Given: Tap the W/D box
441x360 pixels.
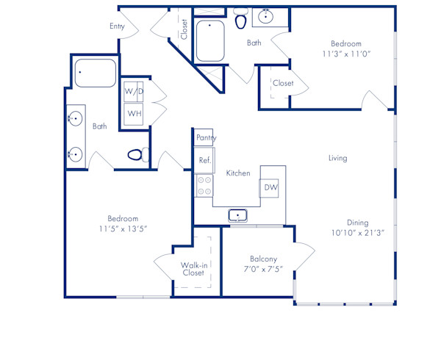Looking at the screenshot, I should point(134,92).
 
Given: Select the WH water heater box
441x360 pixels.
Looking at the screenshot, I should point(134,114).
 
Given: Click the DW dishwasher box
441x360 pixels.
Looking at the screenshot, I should point(271,188).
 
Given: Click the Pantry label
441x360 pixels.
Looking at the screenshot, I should point(205,138).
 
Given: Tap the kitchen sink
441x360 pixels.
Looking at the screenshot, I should point(237,215).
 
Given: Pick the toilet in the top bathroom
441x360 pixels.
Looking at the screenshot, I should point(240,21).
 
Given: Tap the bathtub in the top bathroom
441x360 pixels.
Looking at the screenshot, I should point(211,41).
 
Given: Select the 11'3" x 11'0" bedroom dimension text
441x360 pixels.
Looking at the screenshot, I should point(344,53).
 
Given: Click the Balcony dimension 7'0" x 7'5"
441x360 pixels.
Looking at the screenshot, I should point(263,269).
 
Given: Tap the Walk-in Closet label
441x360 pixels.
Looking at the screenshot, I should point(193,269).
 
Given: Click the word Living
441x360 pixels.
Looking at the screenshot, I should point(337,158).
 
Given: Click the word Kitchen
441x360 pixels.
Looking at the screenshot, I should point(238,173).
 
